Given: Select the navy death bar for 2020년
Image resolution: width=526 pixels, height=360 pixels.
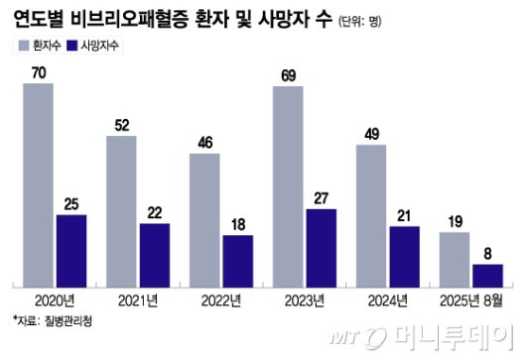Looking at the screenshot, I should point(70,248).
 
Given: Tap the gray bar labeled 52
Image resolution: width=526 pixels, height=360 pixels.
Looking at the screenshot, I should point(121,209).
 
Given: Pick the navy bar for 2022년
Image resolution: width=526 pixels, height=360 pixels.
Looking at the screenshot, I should point(237,259).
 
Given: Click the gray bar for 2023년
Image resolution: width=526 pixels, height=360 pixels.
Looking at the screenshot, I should point(288,184).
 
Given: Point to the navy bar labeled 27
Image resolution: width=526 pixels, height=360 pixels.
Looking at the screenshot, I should point(321,246).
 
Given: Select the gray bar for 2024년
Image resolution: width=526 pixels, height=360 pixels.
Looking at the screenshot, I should point(371,213).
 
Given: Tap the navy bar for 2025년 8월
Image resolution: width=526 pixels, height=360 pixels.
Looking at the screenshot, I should point(487,273).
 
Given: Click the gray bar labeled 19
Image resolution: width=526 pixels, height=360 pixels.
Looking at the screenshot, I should point(455,257).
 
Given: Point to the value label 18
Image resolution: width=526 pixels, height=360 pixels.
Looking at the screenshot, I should point(237,224).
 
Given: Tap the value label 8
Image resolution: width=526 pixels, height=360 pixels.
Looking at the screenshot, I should point(487,253).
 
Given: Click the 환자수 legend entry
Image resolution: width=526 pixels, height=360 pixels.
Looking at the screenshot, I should point(39,45).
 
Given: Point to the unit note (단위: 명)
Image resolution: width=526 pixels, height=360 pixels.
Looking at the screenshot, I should point(390,21).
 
